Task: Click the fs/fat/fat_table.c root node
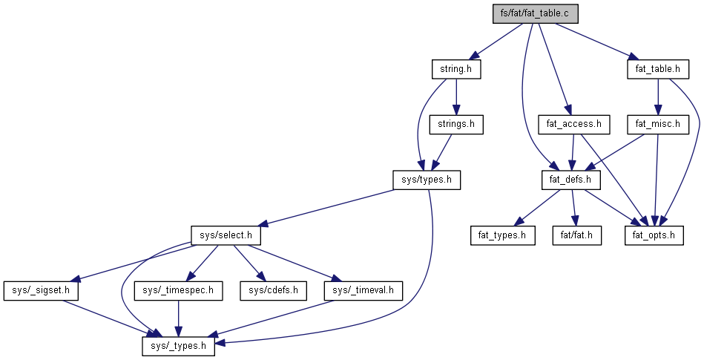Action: (535, 13)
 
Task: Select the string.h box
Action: (456, 69)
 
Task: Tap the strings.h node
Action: (456, 124)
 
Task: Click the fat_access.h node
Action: (573, 124)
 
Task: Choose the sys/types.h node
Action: (427, 180)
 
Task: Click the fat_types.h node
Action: (502, 235)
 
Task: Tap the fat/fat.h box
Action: (576, 235)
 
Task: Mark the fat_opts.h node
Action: (654, 235)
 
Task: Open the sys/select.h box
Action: (227, 235)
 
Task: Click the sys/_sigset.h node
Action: (42, 290)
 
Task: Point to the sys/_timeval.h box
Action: (363, 290)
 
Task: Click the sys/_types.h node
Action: (179, 345)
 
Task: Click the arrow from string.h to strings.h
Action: (456, 96)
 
